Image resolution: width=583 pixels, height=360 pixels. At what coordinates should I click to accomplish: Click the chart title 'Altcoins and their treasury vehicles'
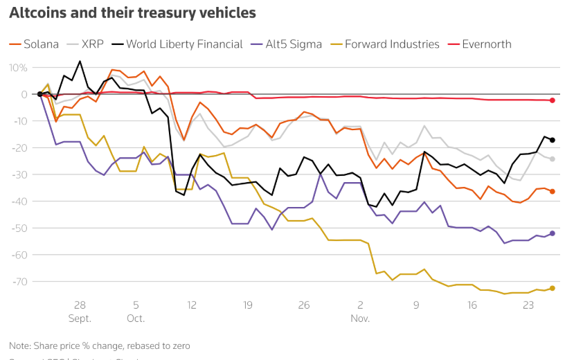coord(132,13)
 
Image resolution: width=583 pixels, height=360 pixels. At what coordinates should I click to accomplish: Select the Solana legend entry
coord(34,44)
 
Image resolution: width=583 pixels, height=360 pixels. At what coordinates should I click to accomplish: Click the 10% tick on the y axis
coord(17,68)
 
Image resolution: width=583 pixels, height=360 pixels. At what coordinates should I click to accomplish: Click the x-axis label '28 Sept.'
coord(79,312)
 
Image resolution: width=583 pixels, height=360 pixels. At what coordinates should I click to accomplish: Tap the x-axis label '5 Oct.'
coord(136,312)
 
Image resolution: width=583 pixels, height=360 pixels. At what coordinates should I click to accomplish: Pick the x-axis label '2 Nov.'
coord(360,312)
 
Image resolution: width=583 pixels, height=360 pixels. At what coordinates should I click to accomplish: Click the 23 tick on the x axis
coord(528,305)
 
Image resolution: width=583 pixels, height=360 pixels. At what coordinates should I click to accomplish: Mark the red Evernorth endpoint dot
coord(553,100)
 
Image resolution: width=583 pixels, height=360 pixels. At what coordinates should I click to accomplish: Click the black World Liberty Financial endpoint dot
coord(553,140)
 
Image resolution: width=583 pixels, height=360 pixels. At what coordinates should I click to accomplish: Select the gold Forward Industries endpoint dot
coord(553,288)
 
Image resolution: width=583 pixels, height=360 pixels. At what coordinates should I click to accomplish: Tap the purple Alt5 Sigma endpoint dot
coord(553,233)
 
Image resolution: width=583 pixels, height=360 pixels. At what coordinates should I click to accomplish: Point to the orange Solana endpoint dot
coord(553,191)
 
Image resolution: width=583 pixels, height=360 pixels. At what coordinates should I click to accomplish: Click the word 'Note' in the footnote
coord(20,345)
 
